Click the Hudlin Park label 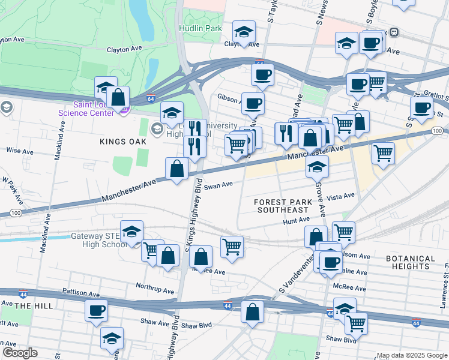pyautogui.click(x=200, y=28)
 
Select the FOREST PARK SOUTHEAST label pyautogui.click(x=283, y=206)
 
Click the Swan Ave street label pyautogui.click(x=218, y=185)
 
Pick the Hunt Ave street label pyautogui.click(x=295, y=221)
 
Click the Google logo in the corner pyautogui.click(x=20, y=352)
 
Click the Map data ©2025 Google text pyautogui.click(x=412, y=355)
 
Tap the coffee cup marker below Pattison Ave pyautogui.click(x=96, y=311)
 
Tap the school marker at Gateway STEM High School pyautogui.click(x=131, y=232)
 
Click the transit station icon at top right pyautogui.click(x=394, y=32)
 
